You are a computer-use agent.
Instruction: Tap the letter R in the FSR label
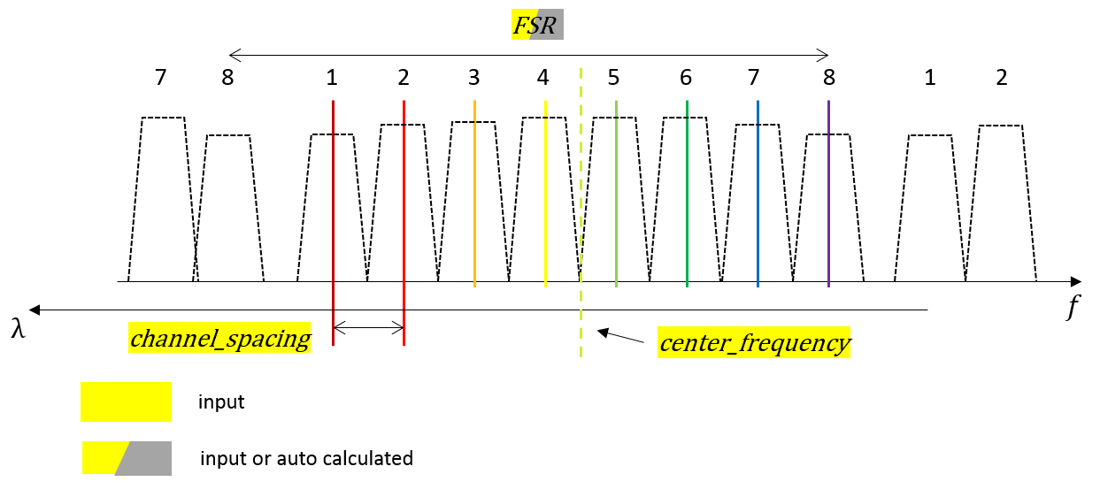pyautogui.click(x=548, y=26)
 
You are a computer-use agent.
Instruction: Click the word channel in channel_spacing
pyautogui.click(x=167, y=338)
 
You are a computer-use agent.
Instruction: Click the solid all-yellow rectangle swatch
pyautogui.click(x=126, y=401)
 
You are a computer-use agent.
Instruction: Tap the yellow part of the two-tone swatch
pyautogui.click(x=97, y=458)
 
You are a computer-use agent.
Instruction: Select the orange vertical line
pyautogui.click(x=474, y=203)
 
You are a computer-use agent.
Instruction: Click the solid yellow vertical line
pyautogui.click(x=545, y=203)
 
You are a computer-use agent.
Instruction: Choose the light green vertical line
pyautogui.click(x=616, y=203)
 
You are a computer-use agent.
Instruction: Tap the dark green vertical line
pyautogui.click(x=687, y=203)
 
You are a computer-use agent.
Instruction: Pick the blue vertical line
pyautogui.click(x=758, y=203)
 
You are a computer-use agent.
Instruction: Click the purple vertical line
pyautogui.click(x=828, y=195)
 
